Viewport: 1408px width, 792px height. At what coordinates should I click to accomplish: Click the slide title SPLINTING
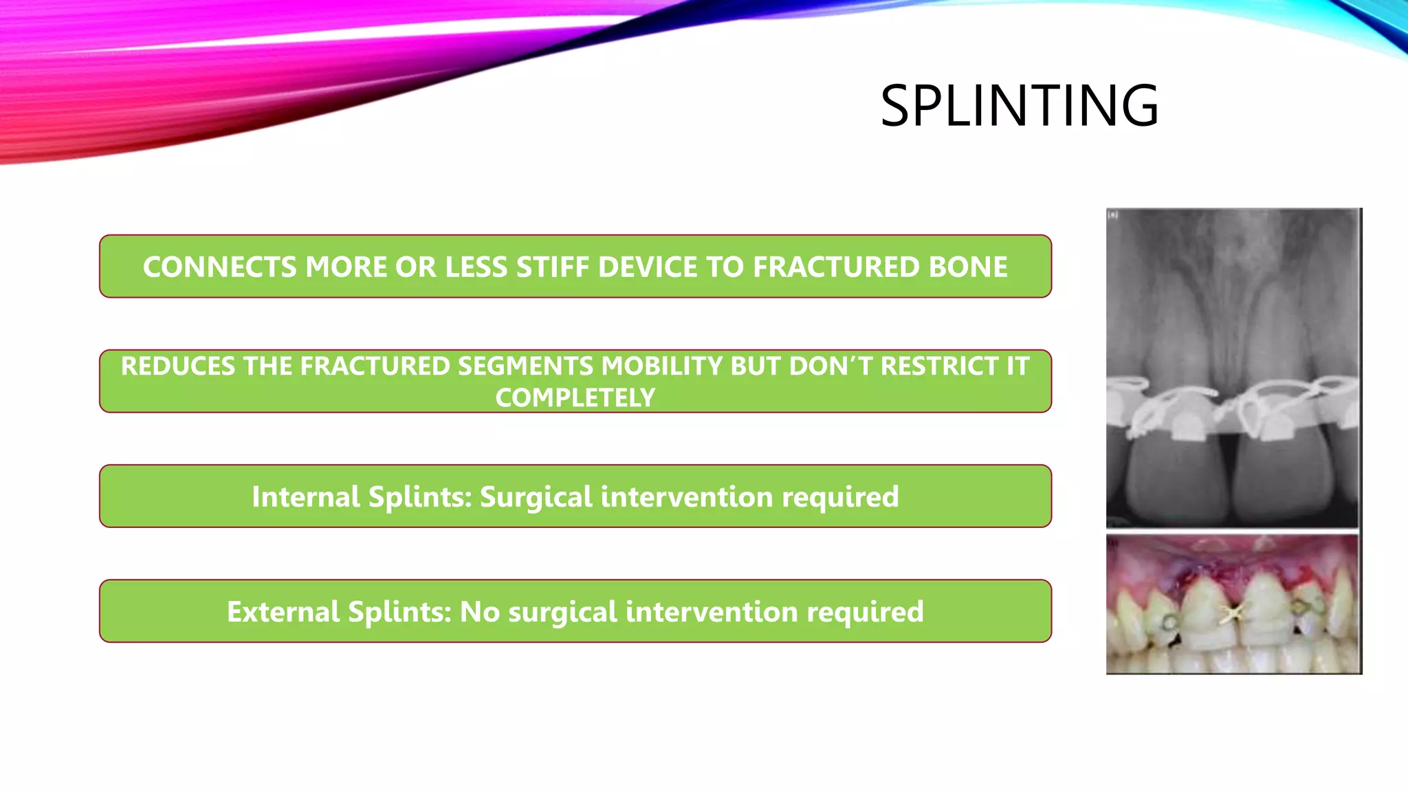pos(1020,107)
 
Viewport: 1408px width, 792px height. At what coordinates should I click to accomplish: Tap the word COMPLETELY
pos(575,398)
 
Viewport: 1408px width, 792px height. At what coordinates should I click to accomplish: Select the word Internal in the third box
pos(305,497)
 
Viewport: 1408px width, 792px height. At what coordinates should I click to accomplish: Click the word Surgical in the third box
pos(536,497)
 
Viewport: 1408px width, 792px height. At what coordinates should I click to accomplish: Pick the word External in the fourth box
pos(283,612)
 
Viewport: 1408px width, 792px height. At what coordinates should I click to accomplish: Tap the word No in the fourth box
pos(479,612)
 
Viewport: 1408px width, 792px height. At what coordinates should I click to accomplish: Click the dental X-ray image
pos(1233,309)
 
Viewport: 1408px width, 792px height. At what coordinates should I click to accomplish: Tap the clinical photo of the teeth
pos(1233,605)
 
